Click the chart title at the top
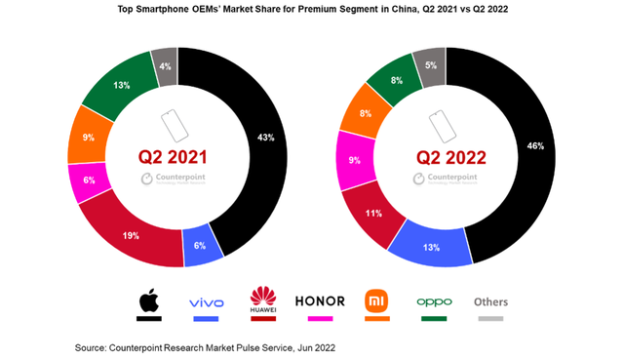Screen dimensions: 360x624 (x=311, y=10)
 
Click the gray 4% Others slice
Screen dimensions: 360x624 (x=165, y=65)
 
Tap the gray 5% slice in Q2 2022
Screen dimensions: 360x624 (x=429, y=67)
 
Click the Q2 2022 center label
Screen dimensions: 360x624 (x=446, y=155)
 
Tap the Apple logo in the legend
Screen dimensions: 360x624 (x=147, y=300)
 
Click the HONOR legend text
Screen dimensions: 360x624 (x=317, y=300)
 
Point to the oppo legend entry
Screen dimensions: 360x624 (x=434, y=302)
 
